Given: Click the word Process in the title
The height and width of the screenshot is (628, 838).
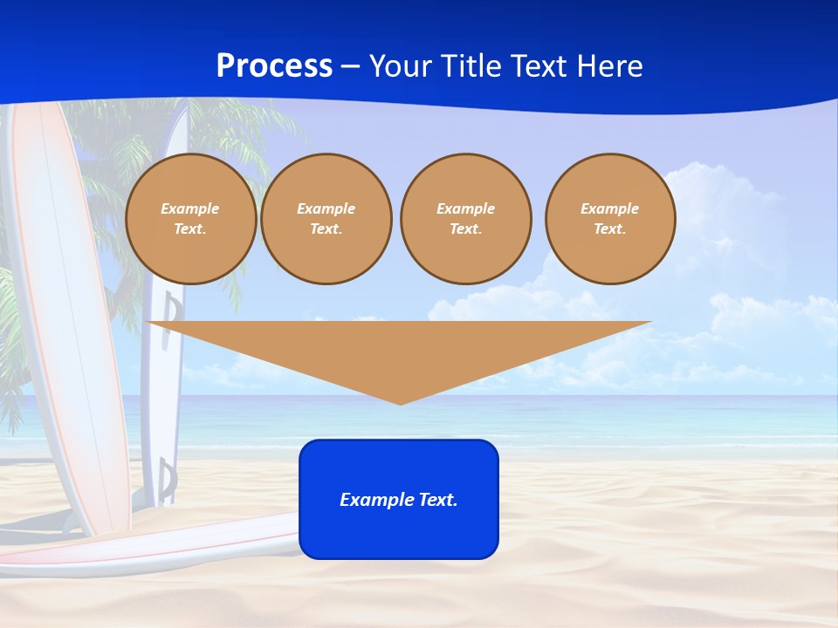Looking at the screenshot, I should click(x=274, y=66).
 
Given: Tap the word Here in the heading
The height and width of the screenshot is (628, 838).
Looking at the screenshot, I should click(x=608, y=66).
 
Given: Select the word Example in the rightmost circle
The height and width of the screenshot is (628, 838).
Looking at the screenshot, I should click(x=609, y=208).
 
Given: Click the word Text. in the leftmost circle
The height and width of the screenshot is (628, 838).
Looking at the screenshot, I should click(x=190, y=229).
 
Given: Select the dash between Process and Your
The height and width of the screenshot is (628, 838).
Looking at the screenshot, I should click(x=350, y=67).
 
